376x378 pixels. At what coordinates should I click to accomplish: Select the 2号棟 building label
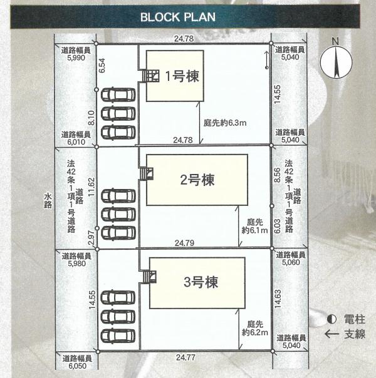point(197,181)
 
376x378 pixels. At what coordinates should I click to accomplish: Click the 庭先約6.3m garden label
point(225,123)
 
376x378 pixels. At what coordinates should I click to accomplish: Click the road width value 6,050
point(76,367)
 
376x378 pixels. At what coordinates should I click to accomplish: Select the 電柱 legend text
point(353,320)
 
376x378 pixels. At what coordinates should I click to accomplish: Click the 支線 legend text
point(354,335)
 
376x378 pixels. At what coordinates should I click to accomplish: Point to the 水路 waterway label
point(48,200)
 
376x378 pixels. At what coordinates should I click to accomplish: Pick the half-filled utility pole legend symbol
point(332,320)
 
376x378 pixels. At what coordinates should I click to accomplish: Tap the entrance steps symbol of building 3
point(148,277)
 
